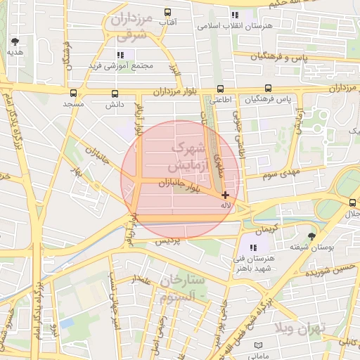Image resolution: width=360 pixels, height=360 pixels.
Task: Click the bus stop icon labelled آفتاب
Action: point(167,13)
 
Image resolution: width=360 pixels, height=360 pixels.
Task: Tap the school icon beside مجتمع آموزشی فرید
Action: point(120,54)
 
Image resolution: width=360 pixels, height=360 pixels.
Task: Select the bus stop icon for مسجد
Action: point(73,93)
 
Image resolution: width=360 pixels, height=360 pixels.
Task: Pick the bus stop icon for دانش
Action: point(115,93)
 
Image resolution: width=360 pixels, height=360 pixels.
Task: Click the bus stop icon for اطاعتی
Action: point(220,89)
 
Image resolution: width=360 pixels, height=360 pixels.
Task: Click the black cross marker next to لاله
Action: point(225,195)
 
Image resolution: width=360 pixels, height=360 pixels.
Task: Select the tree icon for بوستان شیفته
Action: point(312,236)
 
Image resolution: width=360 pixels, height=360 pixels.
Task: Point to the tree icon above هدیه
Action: point(15,41)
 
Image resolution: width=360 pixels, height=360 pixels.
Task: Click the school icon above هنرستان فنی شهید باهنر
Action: point(253,247)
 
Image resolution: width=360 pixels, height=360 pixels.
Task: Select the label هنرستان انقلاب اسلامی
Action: point(236,26)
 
